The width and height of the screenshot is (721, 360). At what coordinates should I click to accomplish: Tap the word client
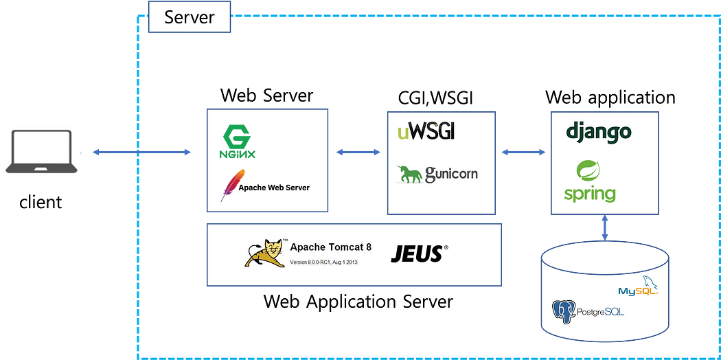point(41,201)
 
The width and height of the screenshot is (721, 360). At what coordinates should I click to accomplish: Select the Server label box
point(189,16)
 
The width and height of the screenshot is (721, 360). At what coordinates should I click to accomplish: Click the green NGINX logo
point(236,141)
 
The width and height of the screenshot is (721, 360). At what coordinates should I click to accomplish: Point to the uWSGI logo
point(426,132)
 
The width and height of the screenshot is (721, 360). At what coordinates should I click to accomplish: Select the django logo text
point(598,133)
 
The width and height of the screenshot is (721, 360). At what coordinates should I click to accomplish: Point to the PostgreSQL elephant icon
point(564,312)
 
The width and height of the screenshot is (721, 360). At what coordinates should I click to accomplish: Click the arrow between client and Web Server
point(141,153)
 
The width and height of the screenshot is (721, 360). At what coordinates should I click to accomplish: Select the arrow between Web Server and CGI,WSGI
point(358,153)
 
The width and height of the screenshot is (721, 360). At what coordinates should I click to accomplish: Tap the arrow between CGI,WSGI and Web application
point(523,153)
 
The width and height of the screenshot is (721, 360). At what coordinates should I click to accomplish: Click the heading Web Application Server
point(358,302)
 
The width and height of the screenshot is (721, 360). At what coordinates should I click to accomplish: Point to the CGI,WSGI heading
point(435,98)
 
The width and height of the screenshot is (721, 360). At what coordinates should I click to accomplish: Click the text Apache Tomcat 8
point(330,247)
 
